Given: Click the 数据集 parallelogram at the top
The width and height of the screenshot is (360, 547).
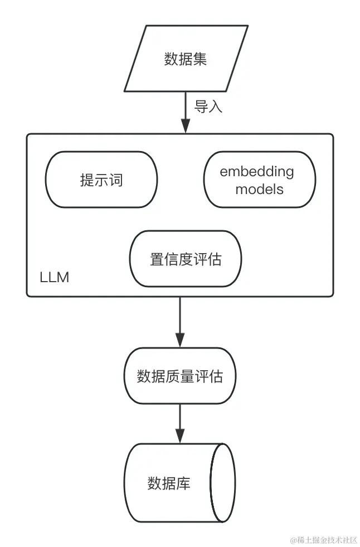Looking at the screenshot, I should point(185,59).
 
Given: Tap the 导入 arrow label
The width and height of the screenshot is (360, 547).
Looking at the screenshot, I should point(208,108).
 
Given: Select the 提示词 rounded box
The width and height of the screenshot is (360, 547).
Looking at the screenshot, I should point(101,180).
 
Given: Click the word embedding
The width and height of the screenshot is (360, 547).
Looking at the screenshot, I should point(257,172).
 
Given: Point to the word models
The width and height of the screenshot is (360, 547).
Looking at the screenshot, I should point(259,189).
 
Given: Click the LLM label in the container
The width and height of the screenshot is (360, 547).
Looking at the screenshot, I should point(55,277).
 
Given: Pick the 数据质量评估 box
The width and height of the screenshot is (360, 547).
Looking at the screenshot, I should point(179,376).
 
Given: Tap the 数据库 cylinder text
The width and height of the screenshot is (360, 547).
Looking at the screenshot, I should point(169,483).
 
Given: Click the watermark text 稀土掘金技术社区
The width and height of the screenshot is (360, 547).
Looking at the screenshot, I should point(326,539).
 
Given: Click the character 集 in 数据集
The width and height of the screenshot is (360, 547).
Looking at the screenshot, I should point(200,59).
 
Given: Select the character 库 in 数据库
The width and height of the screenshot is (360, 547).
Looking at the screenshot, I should point(183,483).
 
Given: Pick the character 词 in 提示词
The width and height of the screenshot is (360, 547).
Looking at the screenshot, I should point(115,180).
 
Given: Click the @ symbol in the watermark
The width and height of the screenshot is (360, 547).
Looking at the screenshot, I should point(293,539).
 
